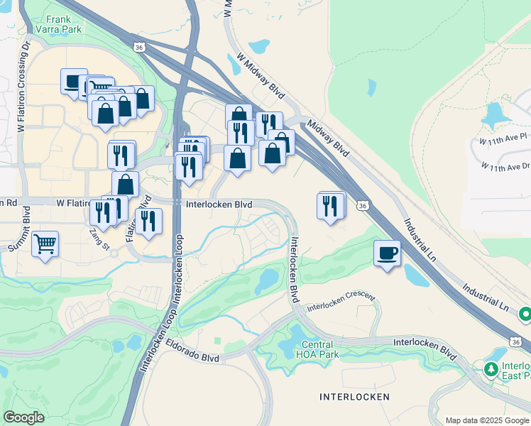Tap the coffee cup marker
(x=388, y=253)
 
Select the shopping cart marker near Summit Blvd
(x=45, y=244)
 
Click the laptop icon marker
(x=74, y=82)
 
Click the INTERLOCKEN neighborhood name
(x=355, y=395)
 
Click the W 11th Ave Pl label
(x=503, y=138)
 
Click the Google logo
(x=23, y=417)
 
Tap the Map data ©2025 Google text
(x=487, y=420)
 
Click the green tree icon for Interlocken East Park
(x=491, y=370)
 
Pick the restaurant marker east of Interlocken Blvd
(x=330, y=206)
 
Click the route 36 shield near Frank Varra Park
(x=138, y=46)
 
